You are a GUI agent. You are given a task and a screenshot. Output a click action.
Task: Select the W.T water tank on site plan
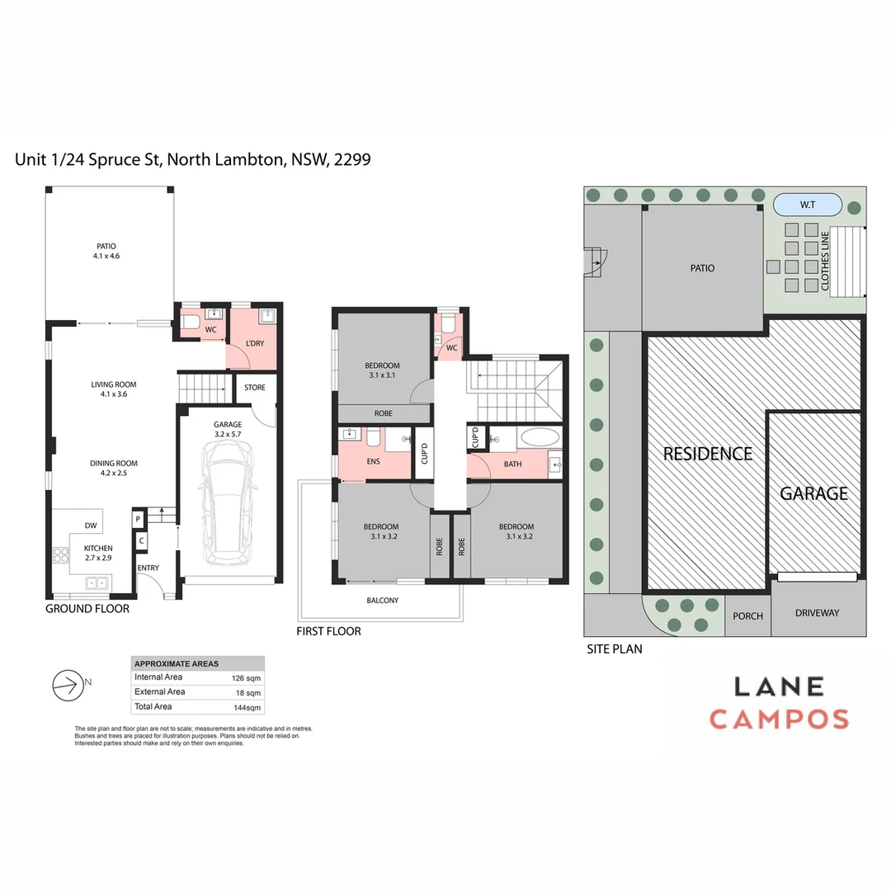click(807, 204)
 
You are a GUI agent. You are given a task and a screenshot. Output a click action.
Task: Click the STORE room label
click(255, 387)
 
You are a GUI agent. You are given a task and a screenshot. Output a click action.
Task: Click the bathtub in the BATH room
click(540, 437)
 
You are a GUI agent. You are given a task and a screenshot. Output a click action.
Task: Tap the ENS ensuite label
click(373, 461)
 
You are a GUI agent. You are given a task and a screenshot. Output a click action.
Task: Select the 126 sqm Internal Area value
click(247, 677)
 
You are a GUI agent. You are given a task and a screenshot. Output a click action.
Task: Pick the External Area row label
click(160, 692)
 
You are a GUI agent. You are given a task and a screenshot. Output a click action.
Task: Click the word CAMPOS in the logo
click(779, 719)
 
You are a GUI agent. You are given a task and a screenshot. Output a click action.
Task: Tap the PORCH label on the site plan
click(747, 616)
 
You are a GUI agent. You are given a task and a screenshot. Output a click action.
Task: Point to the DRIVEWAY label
click(817, 613)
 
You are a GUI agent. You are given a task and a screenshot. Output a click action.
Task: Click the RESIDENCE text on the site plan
click(708, 454)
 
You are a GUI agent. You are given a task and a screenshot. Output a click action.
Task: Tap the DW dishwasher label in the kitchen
click(91, 526)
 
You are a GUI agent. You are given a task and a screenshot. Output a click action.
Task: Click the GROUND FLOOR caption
click(87, 609)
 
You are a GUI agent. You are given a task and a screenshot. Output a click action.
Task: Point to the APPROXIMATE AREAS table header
click(177, 663)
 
